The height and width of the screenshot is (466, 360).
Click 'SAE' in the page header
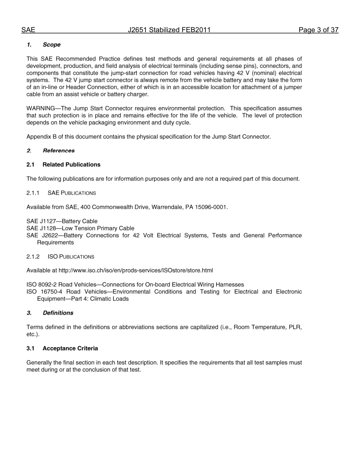coord(28,30)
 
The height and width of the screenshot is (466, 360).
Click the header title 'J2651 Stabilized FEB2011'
coord(169,30)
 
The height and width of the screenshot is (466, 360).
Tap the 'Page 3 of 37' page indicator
coord(318,30)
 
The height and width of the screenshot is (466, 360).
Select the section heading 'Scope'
coord(52,45)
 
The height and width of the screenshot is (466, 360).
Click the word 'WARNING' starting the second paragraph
coord(41,108)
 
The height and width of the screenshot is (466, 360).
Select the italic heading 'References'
coord(59,151)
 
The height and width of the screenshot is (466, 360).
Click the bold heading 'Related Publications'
coord(71,165)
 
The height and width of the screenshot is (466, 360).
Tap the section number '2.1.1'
coord(33,193)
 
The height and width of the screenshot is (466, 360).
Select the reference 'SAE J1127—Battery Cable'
coord(62,221)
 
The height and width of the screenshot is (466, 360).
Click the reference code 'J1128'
coord(48,228)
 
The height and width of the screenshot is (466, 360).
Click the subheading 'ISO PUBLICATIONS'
coord(71,257)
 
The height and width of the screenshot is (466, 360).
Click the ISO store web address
coord(136,271)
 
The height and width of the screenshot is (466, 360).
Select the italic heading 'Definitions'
coord(58,313)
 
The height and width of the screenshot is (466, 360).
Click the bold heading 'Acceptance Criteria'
coord(70,349)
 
